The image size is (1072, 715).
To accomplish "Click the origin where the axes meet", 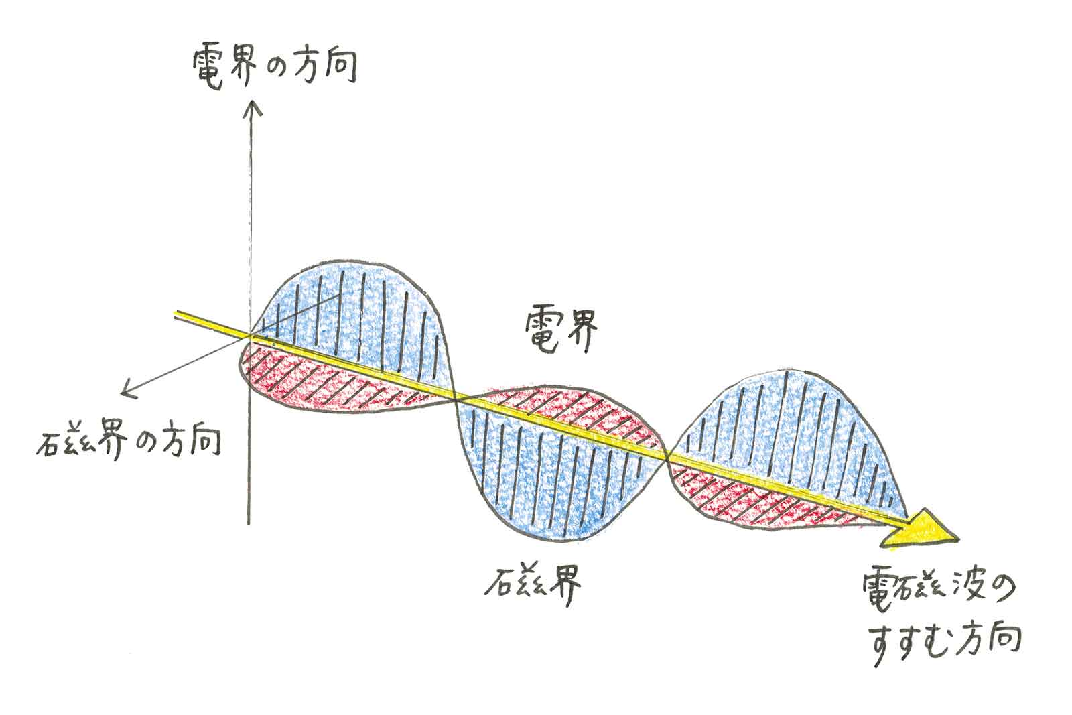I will (251, 334).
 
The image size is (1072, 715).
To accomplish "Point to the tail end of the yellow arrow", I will (177, 314).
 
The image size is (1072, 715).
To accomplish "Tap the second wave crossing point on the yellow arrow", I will (667, 458).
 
